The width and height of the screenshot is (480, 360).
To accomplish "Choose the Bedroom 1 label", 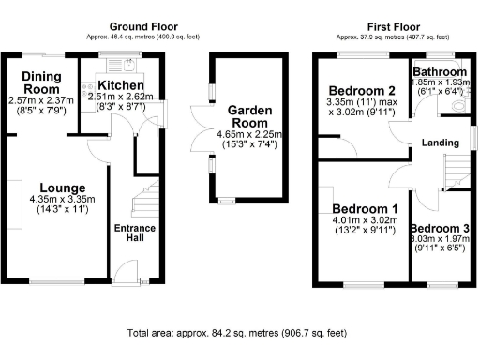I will (x=367, y=209).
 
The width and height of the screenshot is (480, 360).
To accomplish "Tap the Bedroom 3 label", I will (x=441, y=229).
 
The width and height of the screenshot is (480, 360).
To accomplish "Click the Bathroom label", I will (x=441, y=71).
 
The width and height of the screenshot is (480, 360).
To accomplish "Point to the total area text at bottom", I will (x=237, y=332).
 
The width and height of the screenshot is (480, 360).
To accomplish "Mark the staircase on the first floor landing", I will (x=456, y=172).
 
